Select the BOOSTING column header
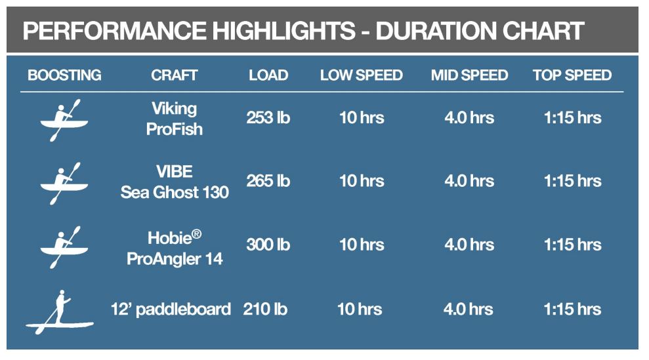pos(64,75)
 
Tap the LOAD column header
pos(268,75)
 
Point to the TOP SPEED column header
pos(572,75)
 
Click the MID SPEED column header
pos(469,75)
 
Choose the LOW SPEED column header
pos(362,75)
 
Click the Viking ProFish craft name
pos(175,119)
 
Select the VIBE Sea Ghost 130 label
pos(175,182)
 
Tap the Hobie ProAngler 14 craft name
pos(175,249)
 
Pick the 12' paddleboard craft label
pos(171,309)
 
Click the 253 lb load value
pos(268,118)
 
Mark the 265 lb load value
pos(268,181)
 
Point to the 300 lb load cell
pos(268,245)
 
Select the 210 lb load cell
pos(265,309)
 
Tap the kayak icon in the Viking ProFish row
pos(64,121)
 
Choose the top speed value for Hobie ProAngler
pos(572,245)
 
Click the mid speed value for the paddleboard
pos(468,309)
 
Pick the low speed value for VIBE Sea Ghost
pos(362,181)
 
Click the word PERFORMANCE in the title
pos(115,31)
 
